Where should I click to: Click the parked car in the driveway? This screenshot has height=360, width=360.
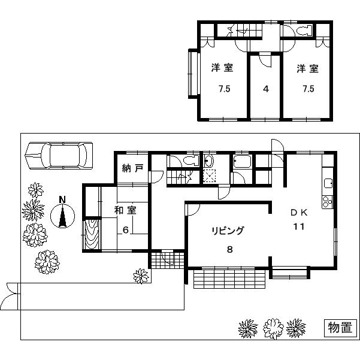coord(59,156)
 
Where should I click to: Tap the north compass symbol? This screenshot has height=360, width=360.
coord(62,215)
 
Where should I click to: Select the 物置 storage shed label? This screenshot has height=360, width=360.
coord(339,328)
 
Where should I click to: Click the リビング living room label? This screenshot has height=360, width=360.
coord(227,230)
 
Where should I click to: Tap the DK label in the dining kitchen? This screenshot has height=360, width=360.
coord(299,213)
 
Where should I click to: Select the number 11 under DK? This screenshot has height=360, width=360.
coord(299,226)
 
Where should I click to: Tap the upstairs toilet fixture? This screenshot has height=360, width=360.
coord(301,31)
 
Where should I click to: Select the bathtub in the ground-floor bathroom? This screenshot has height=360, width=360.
coord(242,162)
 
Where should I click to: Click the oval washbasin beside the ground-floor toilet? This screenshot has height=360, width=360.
coord(208,161)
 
